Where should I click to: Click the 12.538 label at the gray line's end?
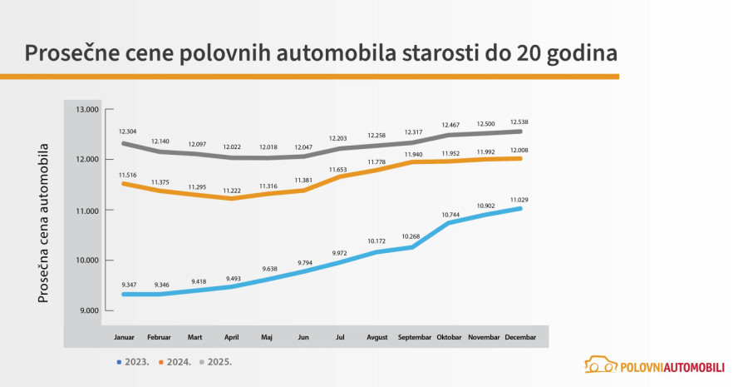519,122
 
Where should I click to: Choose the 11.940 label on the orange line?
415,154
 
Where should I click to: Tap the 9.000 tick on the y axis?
88,310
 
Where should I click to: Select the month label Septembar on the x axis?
415,337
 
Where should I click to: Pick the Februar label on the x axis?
160,337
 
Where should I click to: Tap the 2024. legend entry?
175,362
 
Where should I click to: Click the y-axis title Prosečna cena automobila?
44,222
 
